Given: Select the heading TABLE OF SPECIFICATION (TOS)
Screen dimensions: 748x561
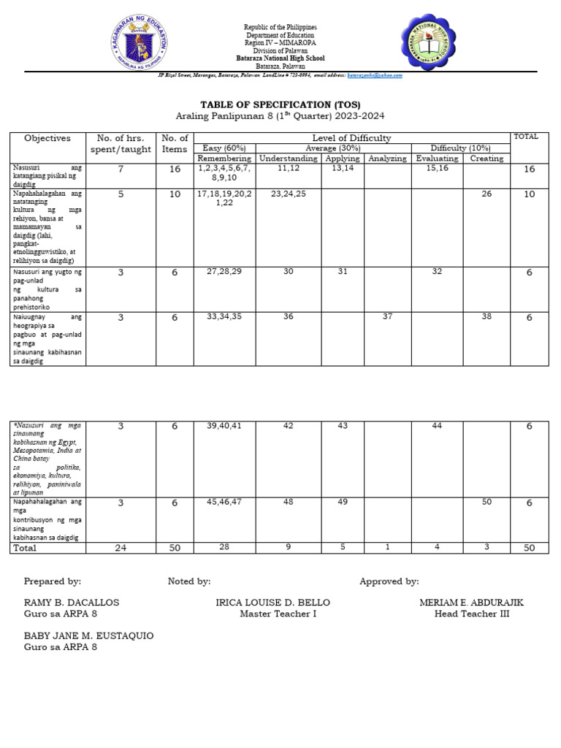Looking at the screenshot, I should point(280,104).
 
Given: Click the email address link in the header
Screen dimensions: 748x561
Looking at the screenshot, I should point(374,75).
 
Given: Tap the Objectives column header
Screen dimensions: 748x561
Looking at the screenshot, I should point(47,137).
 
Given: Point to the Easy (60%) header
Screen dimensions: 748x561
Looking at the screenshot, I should point(224,148).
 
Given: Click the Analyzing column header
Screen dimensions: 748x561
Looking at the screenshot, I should point(387,159).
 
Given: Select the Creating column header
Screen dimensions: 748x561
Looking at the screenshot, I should point(486,159).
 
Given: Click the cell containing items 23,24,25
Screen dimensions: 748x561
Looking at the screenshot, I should point(288,194).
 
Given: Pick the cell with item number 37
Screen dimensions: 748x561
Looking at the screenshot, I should point(387,316).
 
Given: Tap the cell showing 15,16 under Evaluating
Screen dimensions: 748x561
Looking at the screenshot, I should point(437,169).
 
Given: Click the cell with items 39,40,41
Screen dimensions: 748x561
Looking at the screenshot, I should point(224,426).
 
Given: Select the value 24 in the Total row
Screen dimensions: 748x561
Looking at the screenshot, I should point(121,548).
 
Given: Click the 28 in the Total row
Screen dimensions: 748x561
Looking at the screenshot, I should point(224,548).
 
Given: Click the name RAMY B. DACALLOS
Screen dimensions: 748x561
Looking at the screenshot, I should point(72,603).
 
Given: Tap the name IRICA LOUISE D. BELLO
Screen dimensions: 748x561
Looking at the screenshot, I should point(273,603).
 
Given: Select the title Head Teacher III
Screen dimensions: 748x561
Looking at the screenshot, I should point(471,614).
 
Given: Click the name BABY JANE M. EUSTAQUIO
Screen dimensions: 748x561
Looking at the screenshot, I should point(89,636).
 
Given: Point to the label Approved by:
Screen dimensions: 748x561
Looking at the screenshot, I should point(389,581).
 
